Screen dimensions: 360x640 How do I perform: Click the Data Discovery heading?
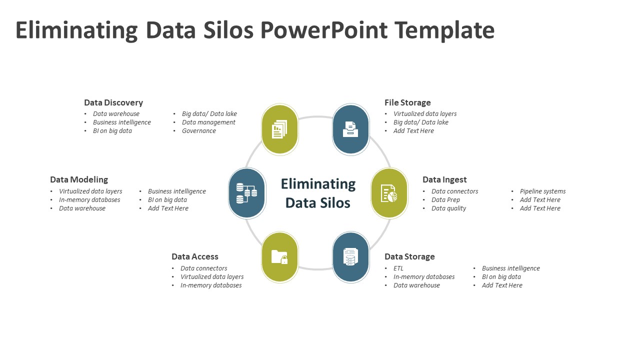(113, 102)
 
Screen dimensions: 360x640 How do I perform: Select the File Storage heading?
(407, 102)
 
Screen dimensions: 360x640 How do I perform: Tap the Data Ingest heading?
(444, 179)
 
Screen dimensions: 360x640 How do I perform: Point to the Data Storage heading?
(409, 256)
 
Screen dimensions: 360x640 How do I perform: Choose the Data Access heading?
(195, 256)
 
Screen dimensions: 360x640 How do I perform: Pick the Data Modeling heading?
(79, 179)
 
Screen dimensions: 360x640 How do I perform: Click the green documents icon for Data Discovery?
(280, 129)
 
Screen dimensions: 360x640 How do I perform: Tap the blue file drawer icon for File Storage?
(350, 129)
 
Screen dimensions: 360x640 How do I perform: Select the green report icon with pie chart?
(389, 193)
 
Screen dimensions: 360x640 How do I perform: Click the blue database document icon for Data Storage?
(350, 257)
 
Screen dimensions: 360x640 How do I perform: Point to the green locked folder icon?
(280, 257)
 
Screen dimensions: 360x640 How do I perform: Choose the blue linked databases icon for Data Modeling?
(246, 193)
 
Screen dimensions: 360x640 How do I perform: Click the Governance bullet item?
(199, 131)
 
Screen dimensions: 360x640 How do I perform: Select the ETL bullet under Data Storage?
(398, 268)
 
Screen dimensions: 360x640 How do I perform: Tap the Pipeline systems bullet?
(542, 191)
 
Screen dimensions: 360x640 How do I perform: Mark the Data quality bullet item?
(448, 208)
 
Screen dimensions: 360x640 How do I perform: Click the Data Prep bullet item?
(445, 200)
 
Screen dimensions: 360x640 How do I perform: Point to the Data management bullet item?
(208, 122)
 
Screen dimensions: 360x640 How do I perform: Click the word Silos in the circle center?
(332, 202)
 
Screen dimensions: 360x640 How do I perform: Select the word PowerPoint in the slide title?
(324, 30)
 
